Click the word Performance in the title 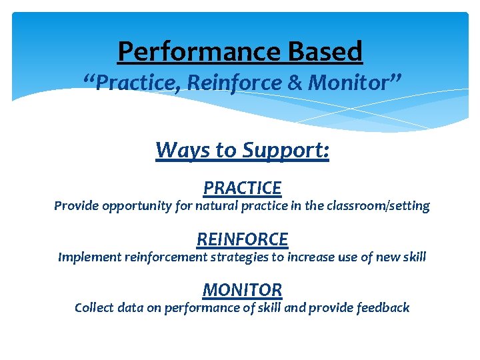201,51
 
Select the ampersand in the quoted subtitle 297,83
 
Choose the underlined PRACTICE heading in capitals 242,188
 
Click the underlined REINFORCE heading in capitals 242,239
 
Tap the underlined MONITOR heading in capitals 242,290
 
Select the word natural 217,206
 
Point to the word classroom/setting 377,206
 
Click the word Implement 89,257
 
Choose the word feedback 382,307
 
